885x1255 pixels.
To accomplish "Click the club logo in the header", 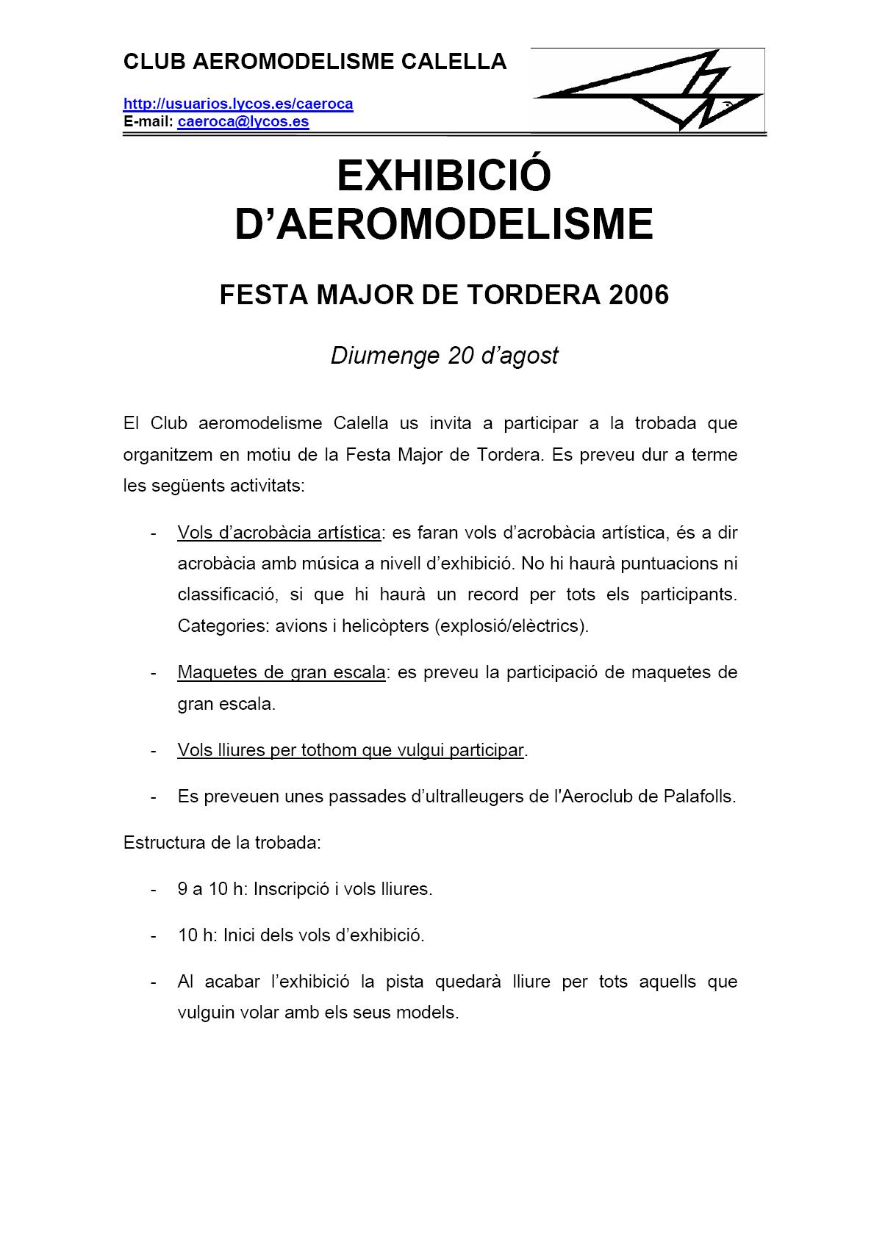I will click(x=647, y=90).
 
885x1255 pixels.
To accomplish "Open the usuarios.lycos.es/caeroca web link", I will click(x=238, y=104).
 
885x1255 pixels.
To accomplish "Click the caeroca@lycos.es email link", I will click(x=243, y=122).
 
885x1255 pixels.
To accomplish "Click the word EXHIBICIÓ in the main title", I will click(x=443, y=176).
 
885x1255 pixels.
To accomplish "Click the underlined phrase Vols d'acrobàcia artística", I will click(x=279, y=533).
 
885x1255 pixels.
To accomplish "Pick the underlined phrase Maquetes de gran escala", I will click(x=281, y=672).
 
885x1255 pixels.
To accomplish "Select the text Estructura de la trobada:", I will click(x=222, y=843).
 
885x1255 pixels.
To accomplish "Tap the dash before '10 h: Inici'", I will click(x=153, y=935).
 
